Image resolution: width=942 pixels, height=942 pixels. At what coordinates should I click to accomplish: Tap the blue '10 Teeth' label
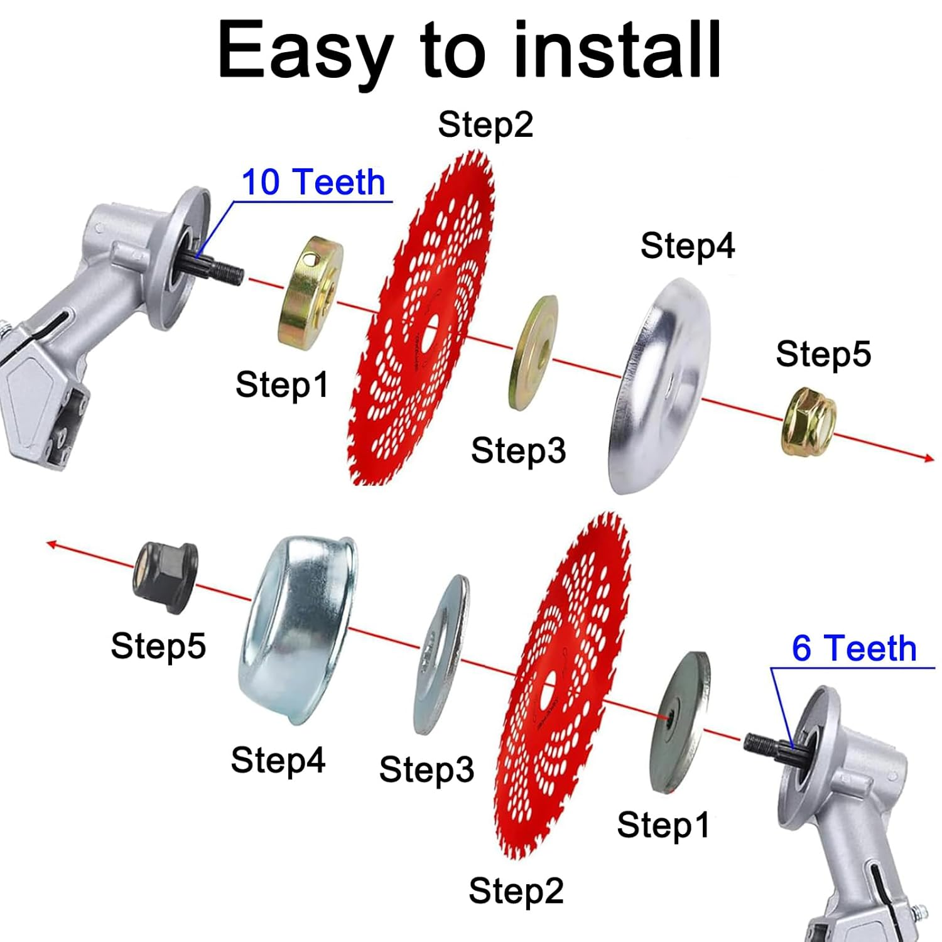(x=313, y=183)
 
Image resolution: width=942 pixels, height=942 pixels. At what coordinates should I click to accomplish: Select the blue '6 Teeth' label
(x=853, y=648)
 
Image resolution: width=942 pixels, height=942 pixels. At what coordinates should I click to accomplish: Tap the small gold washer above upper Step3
(x=533, y=353)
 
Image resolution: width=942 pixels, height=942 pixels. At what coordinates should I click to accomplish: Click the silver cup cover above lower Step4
(x=298, y=628)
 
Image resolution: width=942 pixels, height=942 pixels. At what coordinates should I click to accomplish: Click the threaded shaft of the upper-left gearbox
(x=223, y=270)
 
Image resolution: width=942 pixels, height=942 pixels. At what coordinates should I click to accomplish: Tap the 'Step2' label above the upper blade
(x=485, y=124)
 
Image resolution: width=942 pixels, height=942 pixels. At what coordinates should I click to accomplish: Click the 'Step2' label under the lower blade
(x=516, y=891)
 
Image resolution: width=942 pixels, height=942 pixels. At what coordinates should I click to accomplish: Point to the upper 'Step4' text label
(x=687, y=246)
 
